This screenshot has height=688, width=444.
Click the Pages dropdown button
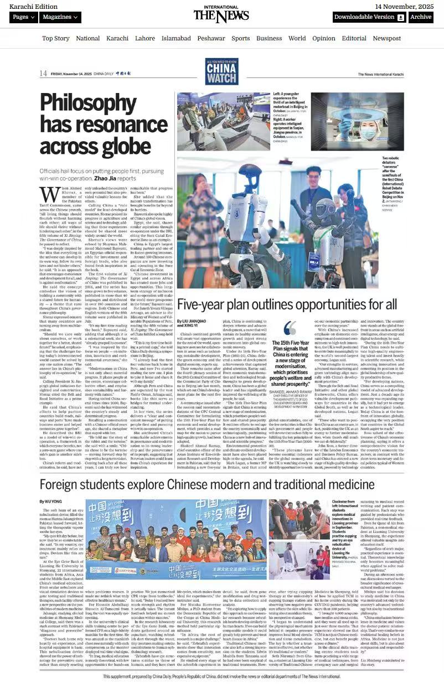[23, 17]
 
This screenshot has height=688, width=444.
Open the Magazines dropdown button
[61, 17]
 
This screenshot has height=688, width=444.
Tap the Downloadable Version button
[369, 17]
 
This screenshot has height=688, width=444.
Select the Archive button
[421, 17]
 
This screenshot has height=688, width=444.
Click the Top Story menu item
[56, 38]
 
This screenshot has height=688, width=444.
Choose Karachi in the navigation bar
[117, 38]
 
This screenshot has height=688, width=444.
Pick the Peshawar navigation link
[211, 38]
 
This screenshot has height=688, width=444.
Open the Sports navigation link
[241, 38]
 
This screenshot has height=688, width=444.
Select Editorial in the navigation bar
[354, 38]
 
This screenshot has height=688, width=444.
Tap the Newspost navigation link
[386, 38]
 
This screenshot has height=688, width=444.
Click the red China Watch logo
[221, 72]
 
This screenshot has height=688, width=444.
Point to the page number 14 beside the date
[43, 74]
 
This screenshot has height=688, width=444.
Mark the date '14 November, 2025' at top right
[404, 6]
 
